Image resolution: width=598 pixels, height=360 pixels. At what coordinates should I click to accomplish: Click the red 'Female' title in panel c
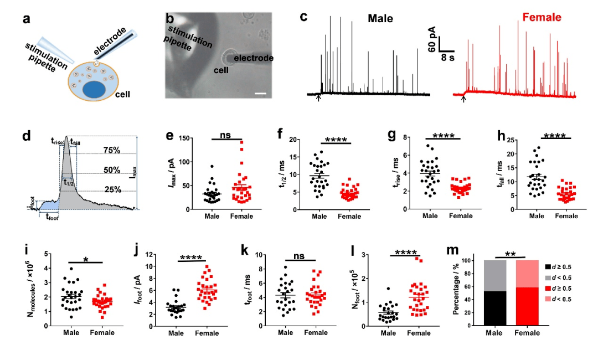click(542, 19)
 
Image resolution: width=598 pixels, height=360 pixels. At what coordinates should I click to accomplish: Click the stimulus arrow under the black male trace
click(318, 98)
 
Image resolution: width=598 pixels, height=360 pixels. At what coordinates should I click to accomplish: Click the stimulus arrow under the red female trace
click(464, 99)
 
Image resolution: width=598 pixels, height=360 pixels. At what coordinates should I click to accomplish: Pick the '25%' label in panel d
click(112, 189)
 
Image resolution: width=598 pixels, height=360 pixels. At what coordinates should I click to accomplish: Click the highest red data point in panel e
click(242, 142)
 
